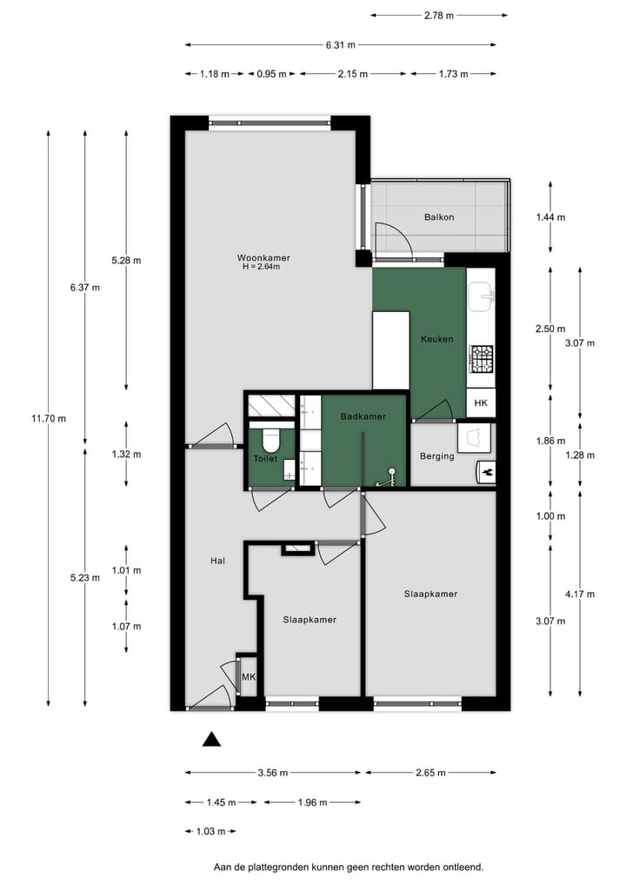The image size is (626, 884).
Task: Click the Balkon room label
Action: coord(439,217)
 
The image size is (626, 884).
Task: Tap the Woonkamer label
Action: coord(263,257)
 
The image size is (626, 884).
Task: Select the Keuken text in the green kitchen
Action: coord(436,339)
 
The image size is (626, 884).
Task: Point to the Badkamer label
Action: coord(363,417)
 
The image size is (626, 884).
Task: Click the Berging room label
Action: coord(436,456)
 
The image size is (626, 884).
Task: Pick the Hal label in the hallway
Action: coord(217,562)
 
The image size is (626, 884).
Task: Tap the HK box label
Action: coord(481,402)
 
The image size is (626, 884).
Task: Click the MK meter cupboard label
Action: coord(248,677)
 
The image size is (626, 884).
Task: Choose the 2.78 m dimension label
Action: coord(438,15)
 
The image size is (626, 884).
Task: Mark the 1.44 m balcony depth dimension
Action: coord(549,217)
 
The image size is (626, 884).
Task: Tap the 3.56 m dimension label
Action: coord(272,772)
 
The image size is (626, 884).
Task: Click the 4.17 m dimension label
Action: coord(579,595)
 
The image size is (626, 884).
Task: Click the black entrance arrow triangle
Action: coord(211,740)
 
